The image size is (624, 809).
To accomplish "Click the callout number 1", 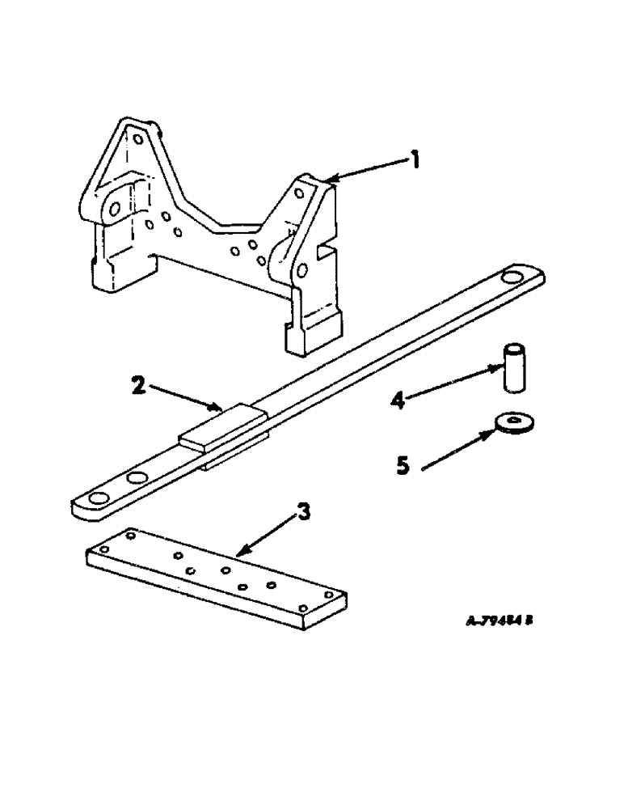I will point(415,161).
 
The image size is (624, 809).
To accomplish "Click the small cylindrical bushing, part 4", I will point(514,369).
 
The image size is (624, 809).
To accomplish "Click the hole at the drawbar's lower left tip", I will point(100,498).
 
